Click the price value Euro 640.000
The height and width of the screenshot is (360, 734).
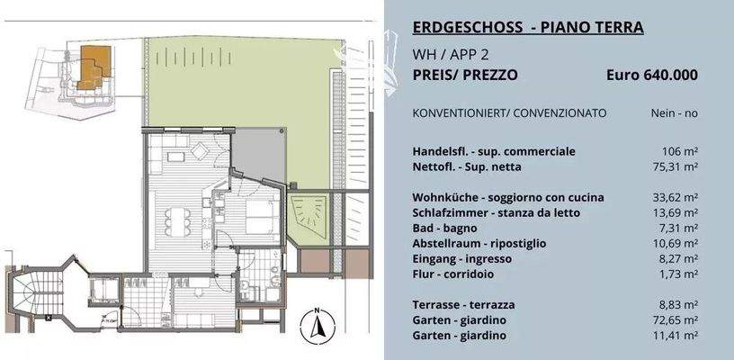[x=652, y=76]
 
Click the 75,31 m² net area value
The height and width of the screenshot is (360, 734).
[x=675, y=166]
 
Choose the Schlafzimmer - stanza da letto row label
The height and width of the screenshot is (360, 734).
[x=496, y=212]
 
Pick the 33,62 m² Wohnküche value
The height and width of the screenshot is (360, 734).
[x=675, y=197]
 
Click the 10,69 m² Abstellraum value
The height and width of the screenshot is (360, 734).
[x=675, y=243]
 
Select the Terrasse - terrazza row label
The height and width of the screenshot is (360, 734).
[x=464, y=304]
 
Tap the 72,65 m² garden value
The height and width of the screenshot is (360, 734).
[x=675, y=319]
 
